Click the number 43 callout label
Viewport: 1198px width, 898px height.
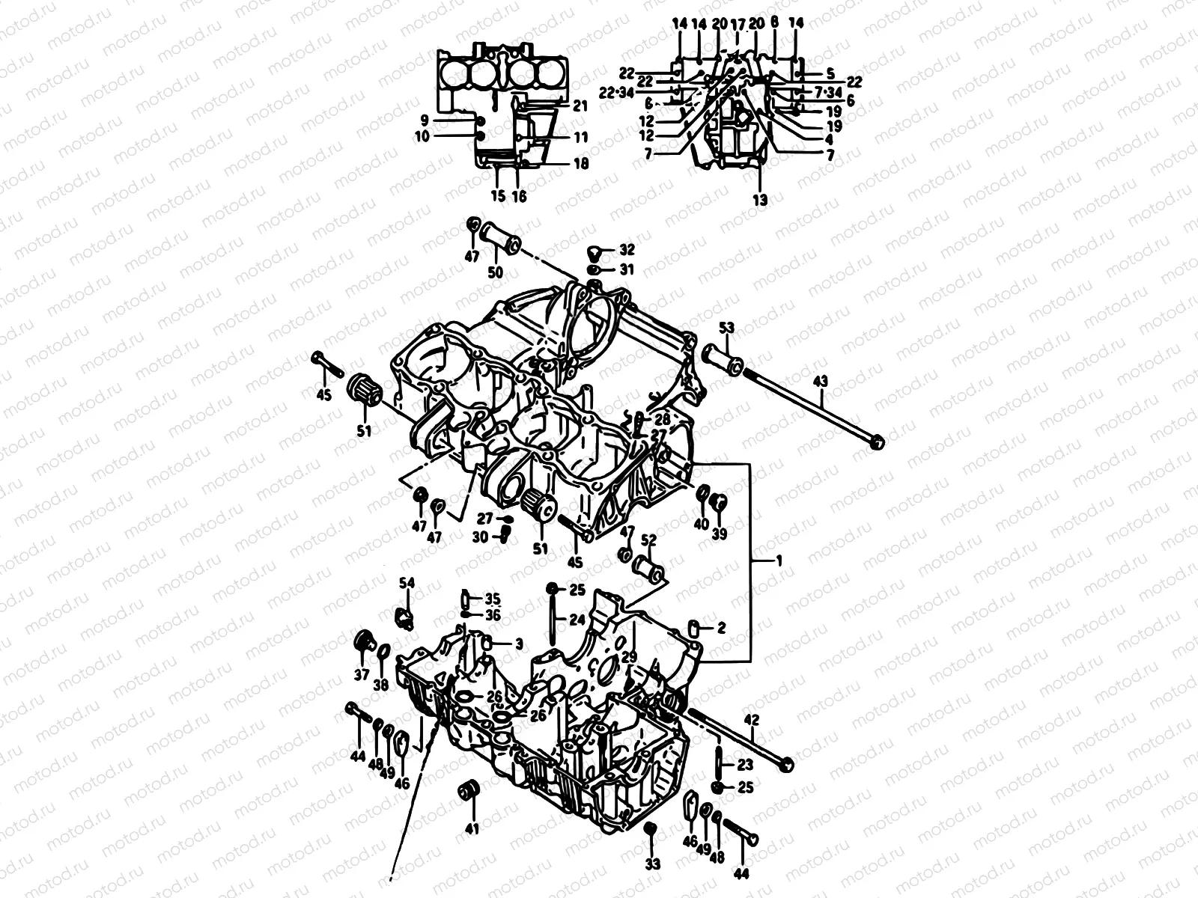click(821, 382)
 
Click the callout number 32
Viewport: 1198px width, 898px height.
click(627, 250)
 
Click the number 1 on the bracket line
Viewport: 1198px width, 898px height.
click(778, 561)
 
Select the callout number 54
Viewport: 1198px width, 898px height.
click(406, 584)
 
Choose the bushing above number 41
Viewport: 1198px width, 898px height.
click(470, 790)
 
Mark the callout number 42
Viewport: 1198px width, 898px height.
click(752, 721)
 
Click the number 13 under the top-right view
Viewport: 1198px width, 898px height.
click(761, 200)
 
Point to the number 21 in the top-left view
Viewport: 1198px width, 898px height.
click(580, 107)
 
